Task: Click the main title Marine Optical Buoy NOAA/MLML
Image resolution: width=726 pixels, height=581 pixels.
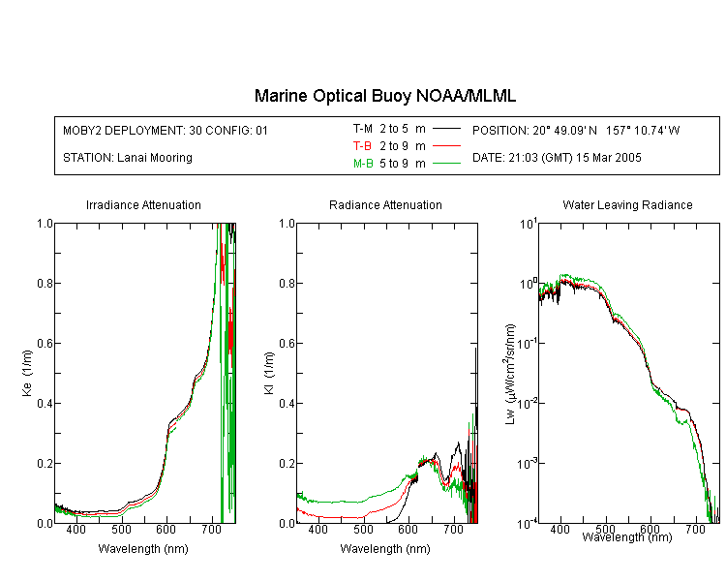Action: (384, 96)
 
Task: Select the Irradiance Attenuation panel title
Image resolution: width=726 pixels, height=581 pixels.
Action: (143, 204)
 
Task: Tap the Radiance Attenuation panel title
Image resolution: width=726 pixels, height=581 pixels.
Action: (385, 204)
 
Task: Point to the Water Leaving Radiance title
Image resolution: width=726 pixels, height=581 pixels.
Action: (627, 204)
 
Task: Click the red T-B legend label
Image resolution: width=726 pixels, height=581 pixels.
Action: (362, 146)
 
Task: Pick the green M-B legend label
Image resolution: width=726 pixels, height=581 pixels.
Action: (363, 164)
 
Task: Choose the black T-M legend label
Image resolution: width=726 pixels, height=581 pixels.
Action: (363, 129)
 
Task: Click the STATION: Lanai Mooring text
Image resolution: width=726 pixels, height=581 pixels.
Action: (128, 158)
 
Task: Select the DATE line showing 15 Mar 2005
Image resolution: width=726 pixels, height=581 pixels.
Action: (557, 158)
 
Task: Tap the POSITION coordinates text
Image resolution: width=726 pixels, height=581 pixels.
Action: (576, 130)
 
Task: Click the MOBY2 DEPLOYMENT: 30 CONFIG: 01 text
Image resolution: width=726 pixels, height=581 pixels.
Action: (166, 130)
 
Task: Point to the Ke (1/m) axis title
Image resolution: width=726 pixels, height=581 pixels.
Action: (27, 374)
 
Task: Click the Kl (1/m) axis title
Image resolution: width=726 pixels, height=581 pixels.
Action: (269, 374)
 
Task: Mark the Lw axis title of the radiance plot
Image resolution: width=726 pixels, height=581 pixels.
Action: (510, 374)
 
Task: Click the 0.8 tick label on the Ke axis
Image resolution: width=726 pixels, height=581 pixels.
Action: (45, 283)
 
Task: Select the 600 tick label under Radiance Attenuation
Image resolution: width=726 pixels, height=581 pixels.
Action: (408, 529)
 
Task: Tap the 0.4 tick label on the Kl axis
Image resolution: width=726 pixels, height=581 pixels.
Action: (287, 403)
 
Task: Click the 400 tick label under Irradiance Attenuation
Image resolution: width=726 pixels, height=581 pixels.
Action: (76, 529)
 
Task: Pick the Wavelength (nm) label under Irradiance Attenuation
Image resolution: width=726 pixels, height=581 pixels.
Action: (143, 549)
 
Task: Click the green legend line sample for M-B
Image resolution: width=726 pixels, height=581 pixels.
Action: (446, 164)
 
